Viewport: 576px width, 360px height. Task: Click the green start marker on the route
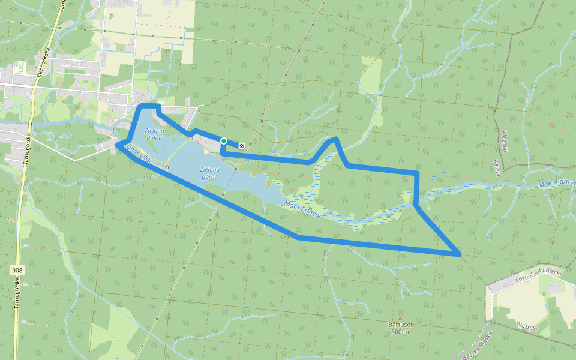223,141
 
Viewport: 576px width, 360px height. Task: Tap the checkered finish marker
242,145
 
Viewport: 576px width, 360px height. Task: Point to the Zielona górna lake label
210,173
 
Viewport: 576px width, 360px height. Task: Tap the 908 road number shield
17,271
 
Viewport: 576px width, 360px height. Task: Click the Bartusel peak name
400,325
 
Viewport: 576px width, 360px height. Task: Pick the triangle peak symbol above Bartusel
400,318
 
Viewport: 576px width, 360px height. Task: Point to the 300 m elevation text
400,332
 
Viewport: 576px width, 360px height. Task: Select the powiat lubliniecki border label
538,275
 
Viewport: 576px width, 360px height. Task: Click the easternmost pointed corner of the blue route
460,255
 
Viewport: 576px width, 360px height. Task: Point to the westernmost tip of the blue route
117,145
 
